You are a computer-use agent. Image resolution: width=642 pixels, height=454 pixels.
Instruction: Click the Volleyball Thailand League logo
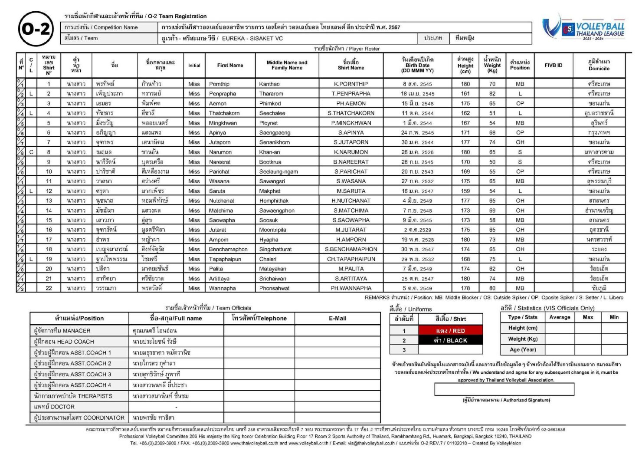coord(583,28)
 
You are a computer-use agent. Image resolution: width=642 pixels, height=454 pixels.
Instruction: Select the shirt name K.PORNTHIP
coord(350,84)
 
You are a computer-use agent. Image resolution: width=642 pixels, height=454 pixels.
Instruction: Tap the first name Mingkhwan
coord(223,123)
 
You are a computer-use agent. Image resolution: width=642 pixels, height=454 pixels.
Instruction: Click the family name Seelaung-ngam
coord(278,171)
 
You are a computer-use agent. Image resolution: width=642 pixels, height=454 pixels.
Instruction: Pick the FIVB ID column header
coord(553,65)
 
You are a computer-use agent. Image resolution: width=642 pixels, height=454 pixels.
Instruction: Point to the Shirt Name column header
coord(350,65)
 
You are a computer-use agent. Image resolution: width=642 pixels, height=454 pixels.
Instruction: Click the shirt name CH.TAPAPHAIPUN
coord(350,259)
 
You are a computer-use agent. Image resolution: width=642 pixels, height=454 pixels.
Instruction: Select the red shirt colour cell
coord(450,331)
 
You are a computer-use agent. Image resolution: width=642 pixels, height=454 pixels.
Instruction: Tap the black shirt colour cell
coord(450,340)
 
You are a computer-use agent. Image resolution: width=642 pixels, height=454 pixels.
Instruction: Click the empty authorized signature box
coord(504,389)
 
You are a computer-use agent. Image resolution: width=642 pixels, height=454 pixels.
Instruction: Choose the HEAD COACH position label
coord(64,342)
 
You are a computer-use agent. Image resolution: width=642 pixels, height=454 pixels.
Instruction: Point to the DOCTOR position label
coord(54,407)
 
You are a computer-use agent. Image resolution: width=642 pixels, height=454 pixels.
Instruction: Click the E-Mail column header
coord(337,318)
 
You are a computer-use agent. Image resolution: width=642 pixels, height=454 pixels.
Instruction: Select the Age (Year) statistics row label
coord(522,349)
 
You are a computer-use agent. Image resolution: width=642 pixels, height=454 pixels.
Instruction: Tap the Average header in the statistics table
coord(560,317)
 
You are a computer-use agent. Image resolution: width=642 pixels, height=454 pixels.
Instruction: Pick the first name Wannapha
coord(222,288)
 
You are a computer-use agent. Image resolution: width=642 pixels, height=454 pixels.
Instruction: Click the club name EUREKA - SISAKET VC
coord(252,38)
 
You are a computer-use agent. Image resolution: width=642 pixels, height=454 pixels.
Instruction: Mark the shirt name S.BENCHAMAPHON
coord(350,250)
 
